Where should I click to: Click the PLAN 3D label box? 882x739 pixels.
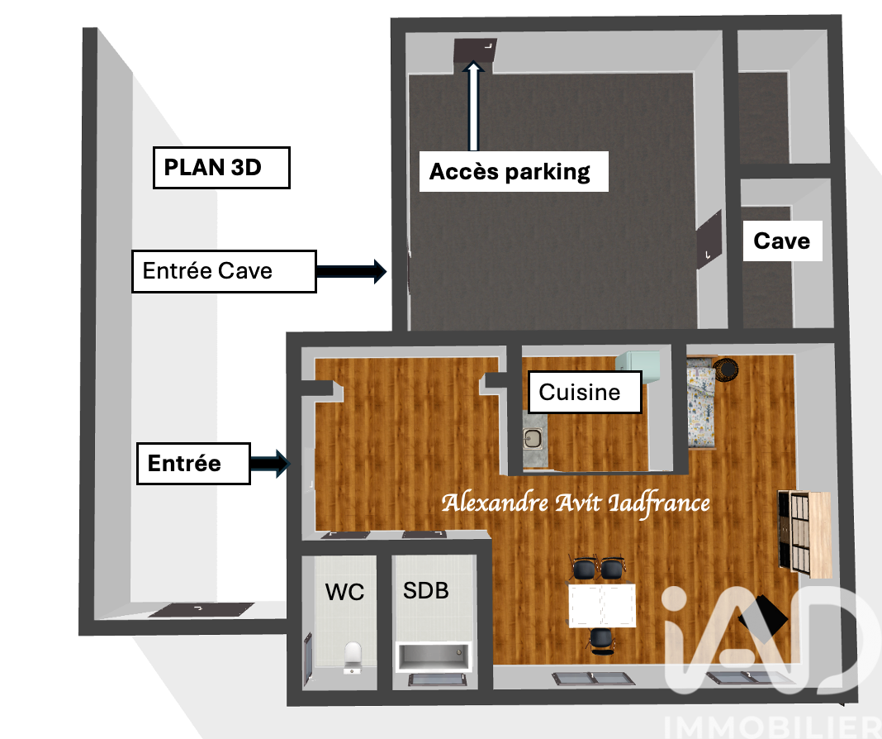click(x=221, y=168)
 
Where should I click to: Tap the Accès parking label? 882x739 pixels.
click(x=514, y=172)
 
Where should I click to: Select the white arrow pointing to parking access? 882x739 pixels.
click(x=474, y=106)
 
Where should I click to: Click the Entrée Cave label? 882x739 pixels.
click(x=224, y=271)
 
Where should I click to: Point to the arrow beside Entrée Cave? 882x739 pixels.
click(x=352, y=271)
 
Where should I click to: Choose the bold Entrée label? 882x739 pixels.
click(x=193, y=464)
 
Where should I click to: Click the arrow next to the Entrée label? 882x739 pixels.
click(x=270, y=464)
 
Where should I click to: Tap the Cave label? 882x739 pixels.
click(x=782, y=241)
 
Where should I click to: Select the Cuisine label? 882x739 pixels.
click(x=585, y=393)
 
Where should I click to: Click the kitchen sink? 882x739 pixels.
click(x=532, y=439)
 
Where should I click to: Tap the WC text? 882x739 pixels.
click(x=344, y=592)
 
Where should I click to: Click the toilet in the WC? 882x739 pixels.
click(x=353, y=656)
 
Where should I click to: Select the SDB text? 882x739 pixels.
click(x=426, y=590)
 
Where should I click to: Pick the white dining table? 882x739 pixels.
click(x=602, y=605)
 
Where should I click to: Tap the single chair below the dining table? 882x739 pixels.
click(x=602, y=641)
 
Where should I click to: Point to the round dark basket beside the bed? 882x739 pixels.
click(x=726, y=369)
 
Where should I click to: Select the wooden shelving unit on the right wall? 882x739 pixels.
click(x=804, y=533)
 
